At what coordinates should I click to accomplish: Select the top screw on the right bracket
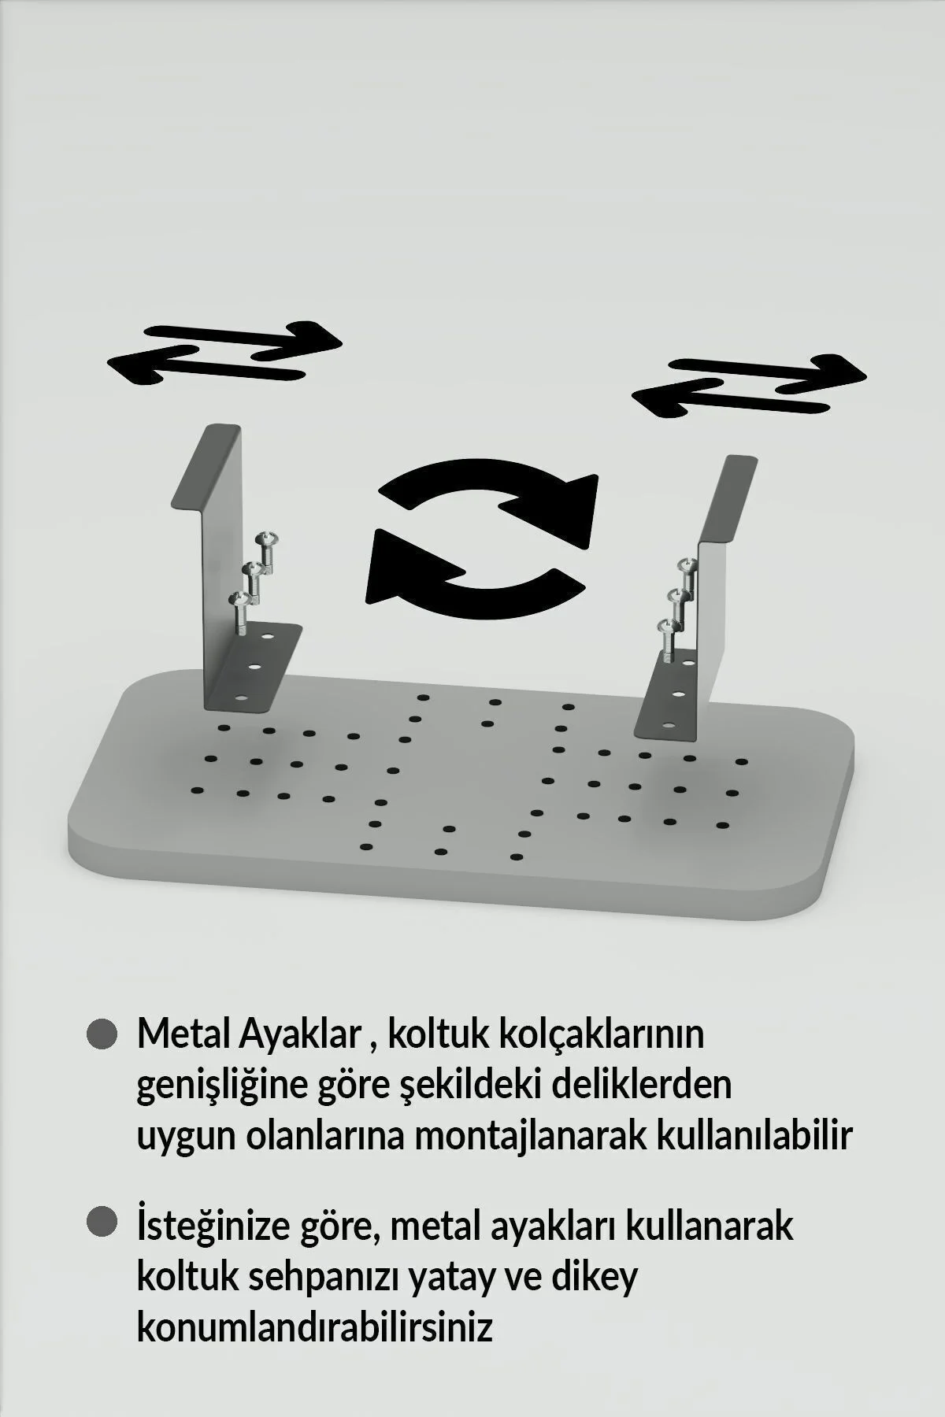689,565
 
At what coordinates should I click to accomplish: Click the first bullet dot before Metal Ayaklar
102,1034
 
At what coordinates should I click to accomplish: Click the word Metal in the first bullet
183,1034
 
